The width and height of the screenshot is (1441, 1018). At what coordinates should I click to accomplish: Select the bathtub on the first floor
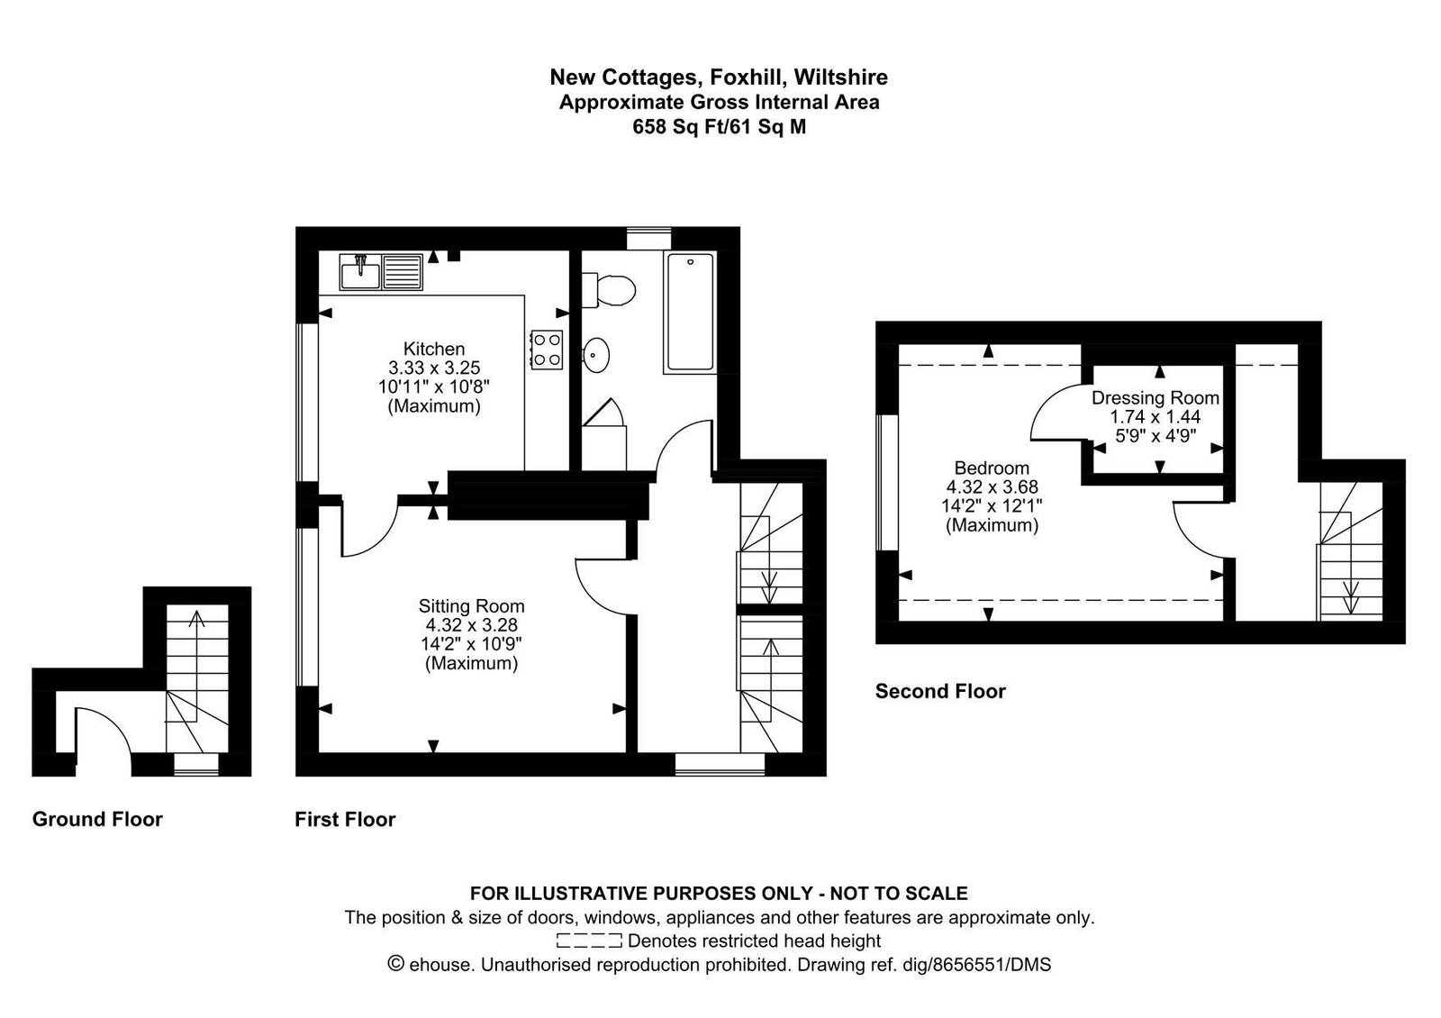[690, 312]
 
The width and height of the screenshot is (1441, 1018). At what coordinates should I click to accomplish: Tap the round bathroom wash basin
[596, 355]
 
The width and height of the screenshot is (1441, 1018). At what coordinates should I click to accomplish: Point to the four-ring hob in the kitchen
[547, 350]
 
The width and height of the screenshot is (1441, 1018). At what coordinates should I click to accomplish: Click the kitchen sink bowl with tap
[360, 272]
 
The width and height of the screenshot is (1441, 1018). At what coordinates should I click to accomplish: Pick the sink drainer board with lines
[403, 272]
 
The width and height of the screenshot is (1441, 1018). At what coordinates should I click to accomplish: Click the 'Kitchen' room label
[433, 349]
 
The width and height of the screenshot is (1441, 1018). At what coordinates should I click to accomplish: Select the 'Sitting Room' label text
[472, 606]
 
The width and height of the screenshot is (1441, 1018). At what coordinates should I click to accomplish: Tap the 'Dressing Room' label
[1156, 397]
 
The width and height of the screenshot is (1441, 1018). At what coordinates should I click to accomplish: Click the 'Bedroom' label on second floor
[992, 468]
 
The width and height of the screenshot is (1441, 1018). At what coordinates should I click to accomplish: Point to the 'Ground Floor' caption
[97, 819]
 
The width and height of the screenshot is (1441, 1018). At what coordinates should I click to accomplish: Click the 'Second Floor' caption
[940, 691]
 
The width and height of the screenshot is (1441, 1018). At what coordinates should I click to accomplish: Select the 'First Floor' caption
[345, 819]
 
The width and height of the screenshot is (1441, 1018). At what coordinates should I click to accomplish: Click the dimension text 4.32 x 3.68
[992, 487]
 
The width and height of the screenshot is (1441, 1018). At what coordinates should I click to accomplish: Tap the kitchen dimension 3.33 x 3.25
[433, 368]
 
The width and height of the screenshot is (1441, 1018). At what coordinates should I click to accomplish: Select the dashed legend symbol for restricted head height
[589, 941]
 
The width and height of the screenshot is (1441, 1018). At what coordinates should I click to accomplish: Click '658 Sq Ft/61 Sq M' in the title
[720, 127]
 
